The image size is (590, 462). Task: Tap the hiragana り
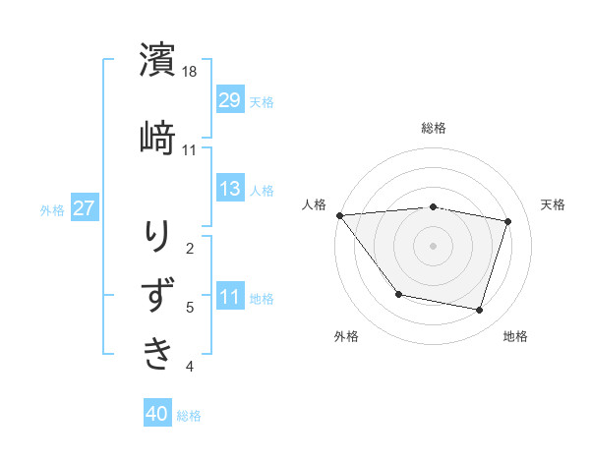(x=158, y=237)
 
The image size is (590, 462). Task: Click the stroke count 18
(x=191, y=73)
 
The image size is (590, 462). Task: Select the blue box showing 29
(x=230, y=100)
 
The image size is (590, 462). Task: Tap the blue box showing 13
(x=230, y=189)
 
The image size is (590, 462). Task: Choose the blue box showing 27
(x=85, y=208)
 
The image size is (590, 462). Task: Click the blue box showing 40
(x=157, y=415)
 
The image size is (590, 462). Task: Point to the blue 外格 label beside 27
(x=52, y=209)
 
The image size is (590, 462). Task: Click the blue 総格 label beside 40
(x=189, y=416)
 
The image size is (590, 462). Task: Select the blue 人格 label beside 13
(x=262, y=190)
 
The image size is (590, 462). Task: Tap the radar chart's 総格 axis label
(x=433, y=128)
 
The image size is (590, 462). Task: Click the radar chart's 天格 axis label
(x=553, y=204)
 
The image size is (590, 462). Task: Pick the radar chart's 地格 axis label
(x=515, y=336)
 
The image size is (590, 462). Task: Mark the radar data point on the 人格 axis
(x=339, y=215)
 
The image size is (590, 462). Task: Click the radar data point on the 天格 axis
(x=507, y=222)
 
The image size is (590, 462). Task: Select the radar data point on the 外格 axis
(x=398, y=294)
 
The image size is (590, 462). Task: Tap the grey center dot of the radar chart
(x=433, y=245)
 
